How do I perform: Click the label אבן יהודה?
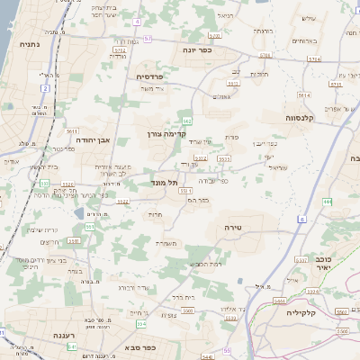(x=94, y=139)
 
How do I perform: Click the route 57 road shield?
(x=147, y=40)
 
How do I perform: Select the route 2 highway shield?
(x=44, y=88)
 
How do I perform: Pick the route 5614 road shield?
(x=305, y=94)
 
